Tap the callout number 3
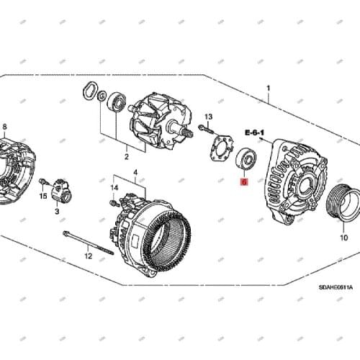[x=57, y=212]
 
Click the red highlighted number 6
[x=243, y=184]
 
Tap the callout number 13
[x=208, y=117]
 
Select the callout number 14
[x=113, y=188]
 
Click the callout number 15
[x=42, y=196]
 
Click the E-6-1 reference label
[x=254, y=133]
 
